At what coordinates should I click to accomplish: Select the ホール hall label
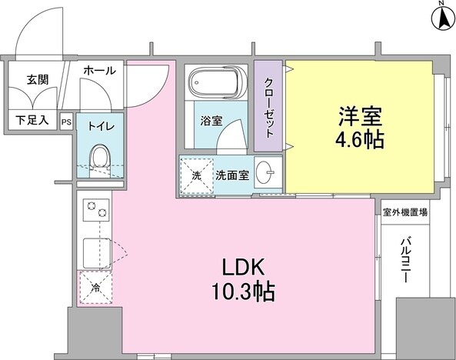(x=99, y=71)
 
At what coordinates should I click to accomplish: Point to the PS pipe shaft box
(x=66, y=121)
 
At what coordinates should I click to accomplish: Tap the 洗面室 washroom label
(x=231, y=175)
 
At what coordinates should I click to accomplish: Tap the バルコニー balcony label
(x=404, y=259)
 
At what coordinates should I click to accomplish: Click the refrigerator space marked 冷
(x=95, y=288)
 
